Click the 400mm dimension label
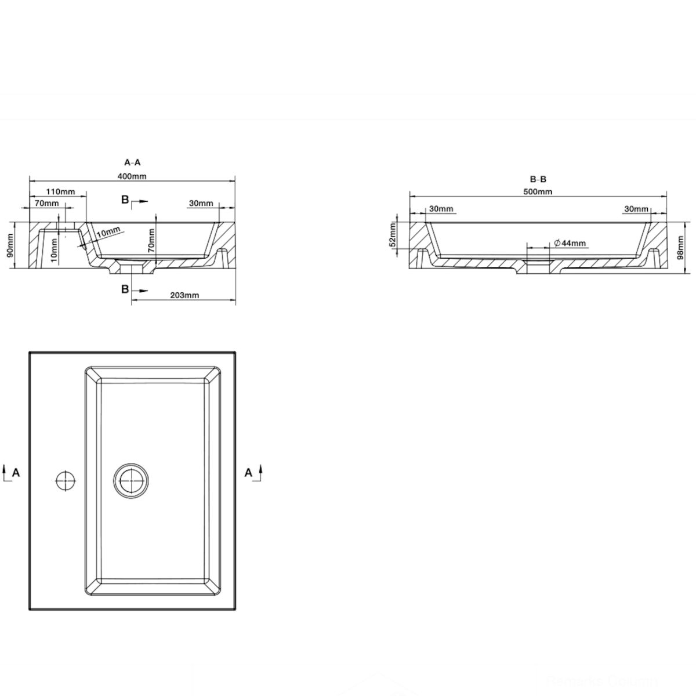[132, 176]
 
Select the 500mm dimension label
[538, 192]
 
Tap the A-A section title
[132, 162]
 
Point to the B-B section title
[538, 179]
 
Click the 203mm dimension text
[184, 295]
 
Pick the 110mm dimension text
[61, 191]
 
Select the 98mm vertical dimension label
[680, 248]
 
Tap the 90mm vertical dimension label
[10, 245]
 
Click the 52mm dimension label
[393, 234]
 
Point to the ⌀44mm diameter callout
[570, 243]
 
